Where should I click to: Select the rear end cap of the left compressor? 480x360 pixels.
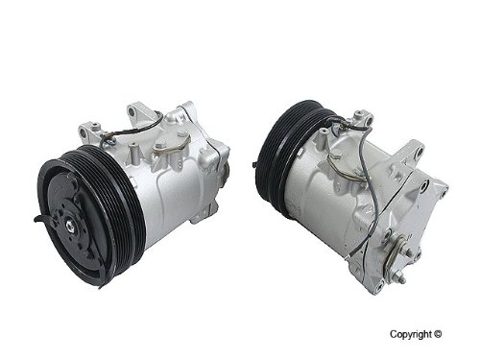point(216,163)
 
